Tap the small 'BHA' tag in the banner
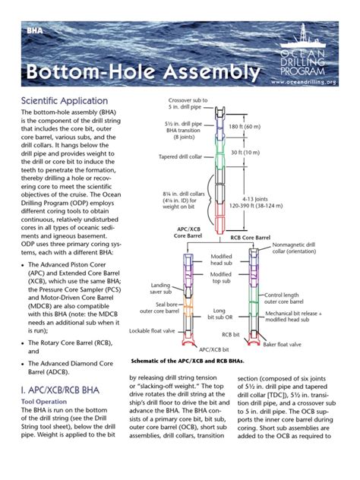[36, 32]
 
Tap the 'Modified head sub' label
[220, 261]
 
